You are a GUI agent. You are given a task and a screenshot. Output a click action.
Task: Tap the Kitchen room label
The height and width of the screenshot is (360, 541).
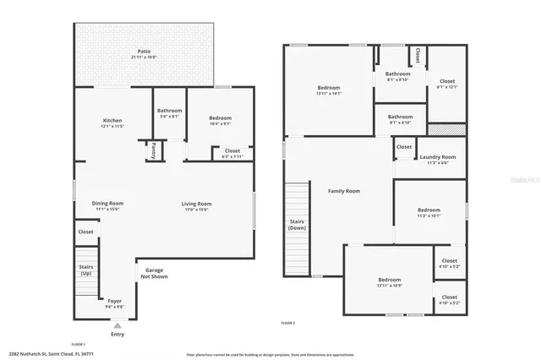tap(113, 123)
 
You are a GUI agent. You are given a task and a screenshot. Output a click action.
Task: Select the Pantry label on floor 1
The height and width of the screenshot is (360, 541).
tap(154, 151)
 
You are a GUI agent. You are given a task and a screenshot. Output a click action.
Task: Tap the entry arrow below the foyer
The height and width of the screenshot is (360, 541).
tap(117, 324)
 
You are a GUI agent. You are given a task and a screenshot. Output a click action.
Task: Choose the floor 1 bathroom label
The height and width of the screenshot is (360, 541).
tap(169, 113)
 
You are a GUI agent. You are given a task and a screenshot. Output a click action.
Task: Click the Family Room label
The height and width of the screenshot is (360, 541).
tap(344, 191)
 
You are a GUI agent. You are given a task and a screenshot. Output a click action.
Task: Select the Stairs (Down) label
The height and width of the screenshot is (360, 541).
tap(297, 225)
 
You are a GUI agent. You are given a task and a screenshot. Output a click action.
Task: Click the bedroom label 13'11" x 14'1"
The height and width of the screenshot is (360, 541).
tap(329, 90)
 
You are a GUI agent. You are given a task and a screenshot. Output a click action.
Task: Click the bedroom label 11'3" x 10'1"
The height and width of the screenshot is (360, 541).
tap(429, 212)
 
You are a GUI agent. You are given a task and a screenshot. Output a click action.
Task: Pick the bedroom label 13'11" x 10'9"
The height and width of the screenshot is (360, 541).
tap(389, 282)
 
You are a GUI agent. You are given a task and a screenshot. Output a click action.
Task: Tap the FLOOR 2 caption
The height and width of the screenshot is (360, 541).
tap(288, 323)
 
